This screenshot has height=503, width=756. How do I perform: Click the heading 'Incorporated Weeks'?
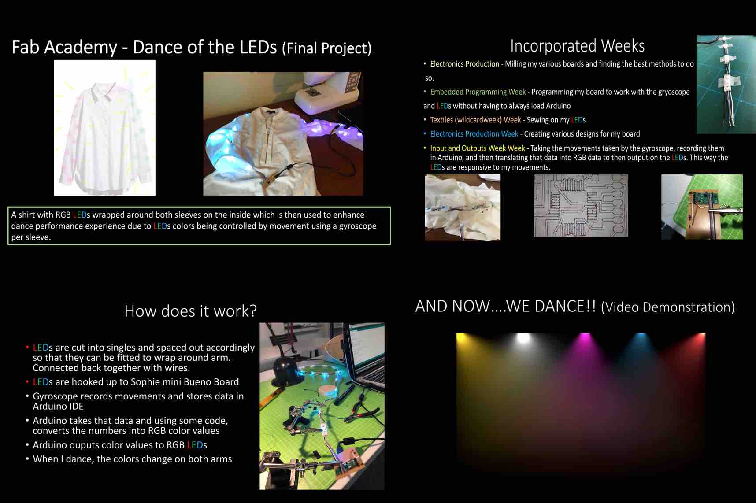click(577, 46)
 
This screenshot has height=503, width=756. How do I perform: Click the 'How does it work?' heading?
click(190, 311)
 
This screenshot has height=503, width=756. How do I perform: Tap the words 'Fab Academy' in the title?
click(64, 47)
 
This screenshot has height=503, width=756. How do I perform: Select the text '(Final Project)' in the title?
click(326, 48)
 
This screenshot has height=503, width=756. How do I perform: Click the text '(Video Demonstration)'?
click(667, 307)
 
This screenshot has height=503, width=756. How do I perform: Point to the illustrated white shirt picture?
click(105, 128)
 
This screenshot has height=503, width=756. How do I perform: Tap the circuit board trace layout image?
click(581, 205)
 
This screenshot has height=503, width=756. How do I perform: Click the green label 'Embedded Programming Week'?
click(478, 92)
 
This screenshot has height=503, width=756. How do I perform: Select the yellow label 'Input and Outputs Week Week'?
click(478, 148)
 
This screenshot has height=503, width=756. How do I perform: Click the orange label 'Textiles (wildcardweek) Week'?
click(475, 120)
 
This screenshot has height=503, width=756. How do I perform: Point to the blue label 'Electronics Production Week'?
click(474, 134)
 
